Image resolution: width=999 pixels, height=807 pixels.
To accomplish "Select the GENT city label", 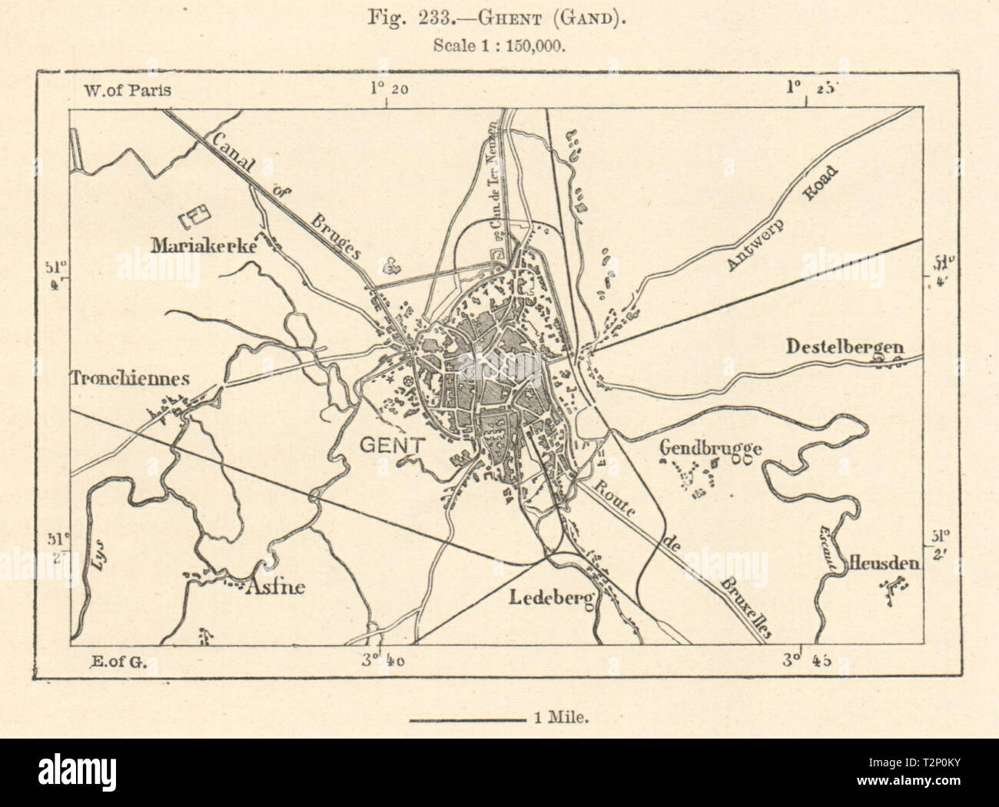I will click(x=392, y=445).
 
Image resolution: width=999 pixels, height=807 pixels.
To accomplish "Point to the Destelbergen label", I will click(x=844, y=348).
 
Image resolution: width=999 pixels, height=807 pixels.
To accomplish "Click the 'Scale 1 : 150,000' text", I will click(x=499, y=45).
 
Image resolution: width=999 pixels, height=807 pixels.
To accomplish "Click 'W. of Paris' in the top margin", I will click(x=124, y=90).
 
